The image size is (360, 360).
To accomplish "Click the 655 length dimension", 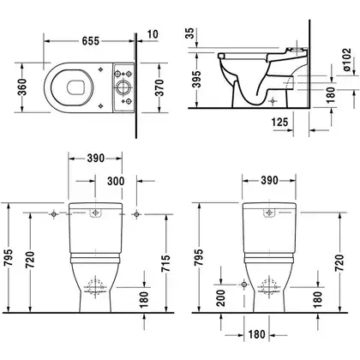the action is (x=91, y=41).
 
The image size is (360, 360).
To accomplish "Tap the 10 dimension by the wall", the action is (x=153, y=34).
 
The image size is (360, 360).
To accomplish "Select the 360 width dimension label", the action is (x=22, y=87).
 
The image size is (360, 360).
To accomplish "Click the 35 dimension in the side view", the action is (x=189, y=33).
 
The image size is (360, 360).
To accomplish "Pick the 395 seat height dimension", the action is (x=197, y=79).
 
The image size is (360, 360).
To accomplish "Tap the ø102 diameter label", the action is (x=346, y=60).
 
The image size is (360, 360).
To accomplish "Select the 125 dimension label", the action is (x=279, y=123).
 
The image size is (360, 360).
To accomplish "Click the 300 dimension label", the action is (x=116, y=181).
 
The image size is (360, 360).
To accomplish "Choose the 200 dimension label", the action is (x=220, y=298).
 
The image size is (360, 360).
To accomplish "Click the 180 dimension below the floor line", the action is (x=256, y=334).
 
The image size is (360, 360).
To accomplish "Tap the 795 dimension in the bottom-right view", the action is (x=198, y=257).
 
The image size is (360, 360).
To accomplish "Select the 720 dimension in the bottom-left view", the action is (x=30, y=260).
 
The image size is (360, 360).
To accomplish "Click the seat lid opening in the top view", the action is (x=76, y=87).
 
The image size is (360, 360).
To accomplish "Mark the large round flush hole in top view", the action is (x=123, y=87).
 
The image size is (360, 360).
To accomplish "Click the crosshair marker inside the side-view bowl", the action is (x=273, y=101).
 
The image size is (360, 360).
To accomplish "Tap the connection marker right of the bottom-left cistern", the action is (x=136, y=214).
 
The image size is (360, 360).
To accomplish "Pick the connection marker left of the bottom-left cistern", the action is (x=54, y=214).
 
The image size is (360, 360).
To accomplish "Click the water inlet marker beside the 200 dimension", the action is (x=244, y=285).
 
